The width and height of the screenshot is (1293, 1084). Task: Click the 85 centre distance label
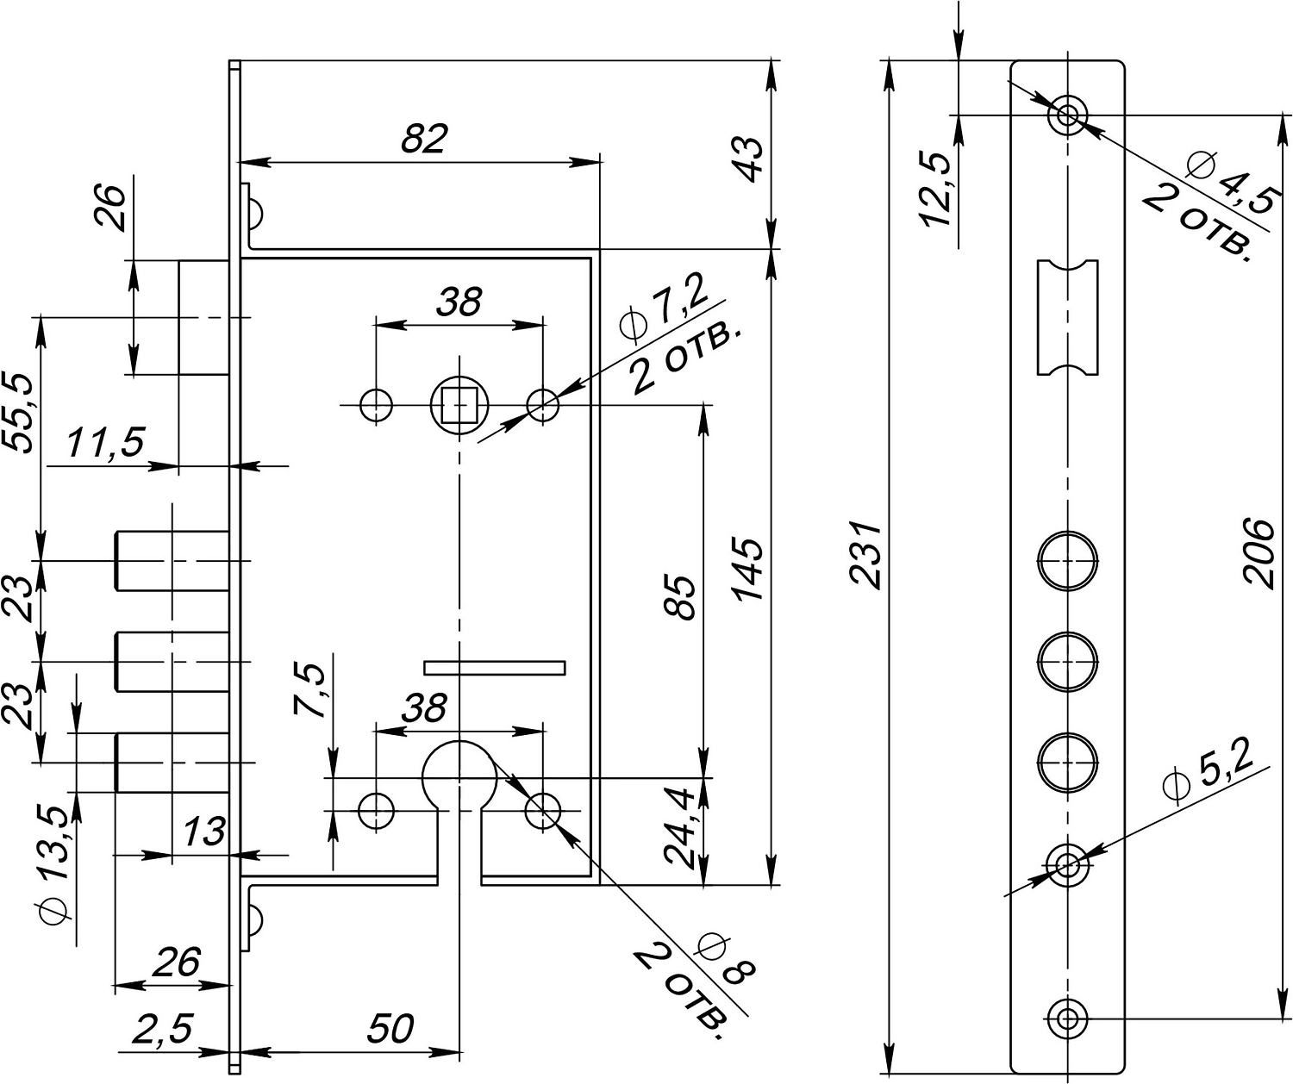click(681, 596)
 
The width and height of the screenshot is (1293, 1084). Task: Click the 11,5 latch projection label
click(104, 445)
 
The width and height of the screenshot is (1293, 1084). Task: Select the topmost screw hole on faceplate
click(1067, 115)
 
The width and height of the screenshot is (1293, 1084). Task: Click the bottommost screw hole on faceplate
click(1067, 1019)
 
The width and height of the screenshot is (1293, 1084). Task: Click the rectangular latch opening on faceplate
click(1067, 316)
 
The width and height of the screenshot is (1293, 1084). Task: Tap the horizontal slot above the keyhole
click(494, 667)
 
